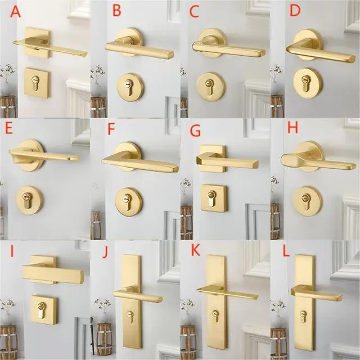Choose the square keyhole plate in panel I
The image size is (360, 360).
tap(43, 309)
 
